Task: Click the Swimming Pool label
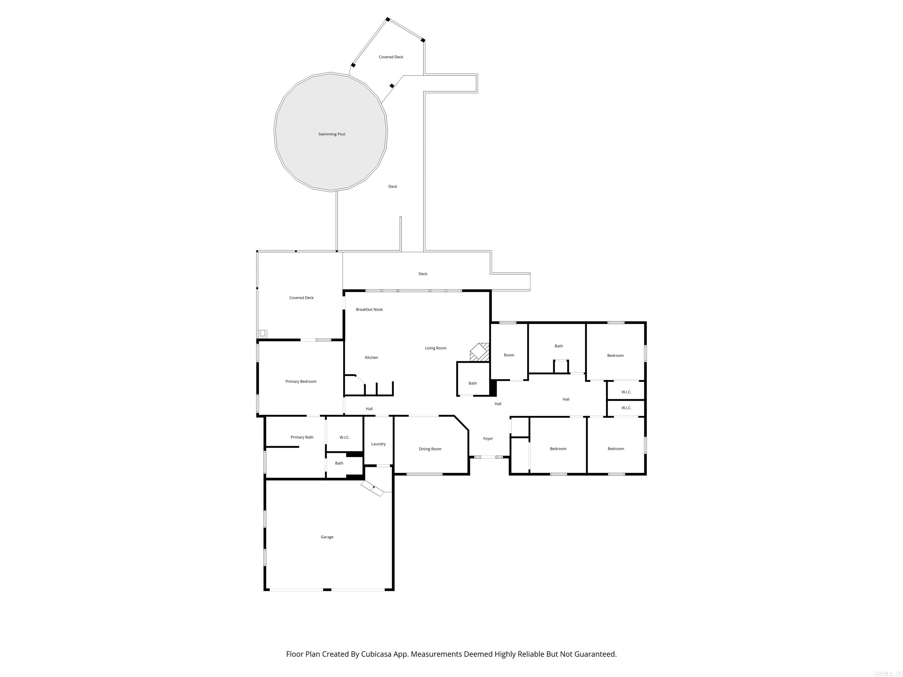332,134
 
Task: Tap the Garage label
327,537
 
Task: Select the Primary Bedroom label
301,382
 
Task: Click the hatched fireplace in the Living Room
480,352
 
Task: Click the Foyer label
488,439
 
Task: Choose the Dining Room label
430,449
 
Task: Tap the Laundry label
378,444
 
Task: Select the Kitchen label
371,358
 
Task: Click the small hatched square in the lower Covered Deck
262,334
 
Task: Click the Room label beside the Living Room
509,355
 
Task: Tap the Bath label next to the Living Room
472,383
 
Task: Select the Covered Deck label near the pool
391,57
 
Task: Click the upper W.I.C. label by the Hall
626,392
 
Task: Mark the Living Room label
436,348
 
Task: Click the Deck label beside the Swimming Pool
392,187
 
